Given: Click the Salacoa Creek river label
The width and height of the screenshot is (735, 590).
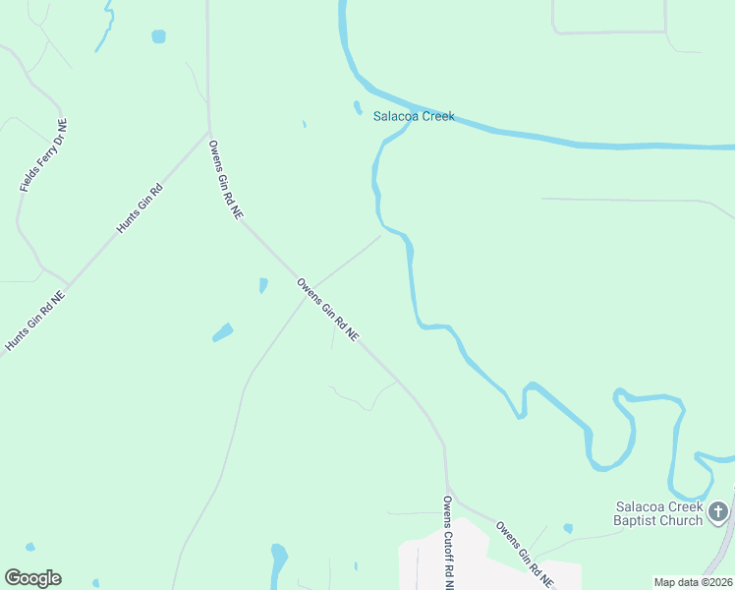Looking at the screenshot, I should pos(413,116).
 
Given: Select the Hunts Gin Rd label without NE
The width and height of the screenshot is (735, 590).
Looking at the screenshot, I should pos(139,207).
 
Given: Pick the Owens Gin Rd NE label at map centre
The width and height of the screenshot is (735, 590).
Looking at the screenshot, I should pos(328,311).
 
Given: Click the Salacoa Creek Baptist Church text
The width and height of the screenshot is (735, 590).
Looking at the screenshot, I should pos(657,513).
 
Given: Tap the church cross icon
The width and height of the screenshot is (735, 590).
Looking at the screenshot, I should pos(718,511).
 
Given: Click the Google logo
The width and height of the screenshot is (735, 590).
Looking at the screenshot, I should pos(32,578).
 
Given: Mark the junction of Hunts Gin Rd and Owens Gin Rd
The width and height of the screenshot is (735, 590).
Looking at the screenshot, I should pos(209,132).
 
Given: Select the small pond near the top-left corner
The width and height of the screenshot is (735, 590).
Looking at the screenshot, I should pos(158,36).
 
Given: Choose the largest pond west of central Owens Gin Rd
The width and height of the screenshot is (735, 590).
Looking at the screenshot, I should pos(223,332).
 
